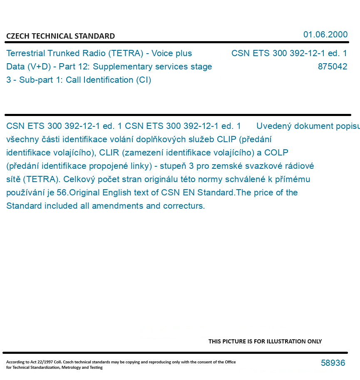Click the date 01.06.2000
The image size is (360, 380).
pos(325,35)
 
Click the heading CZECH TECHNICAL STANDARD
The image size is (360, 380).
pos(60,36)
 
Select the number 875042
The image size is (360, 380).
pos(332,67)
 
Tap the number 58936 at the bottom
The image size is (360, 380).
pos(333,363)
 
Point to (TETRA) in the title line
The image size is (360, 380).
pos(124,53)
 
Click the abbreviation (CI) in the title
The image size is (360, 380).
pos(144,80)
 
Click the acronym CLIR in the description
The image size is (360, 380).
pos(109,153)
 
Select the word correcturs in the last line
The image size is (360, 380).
pos(184,206)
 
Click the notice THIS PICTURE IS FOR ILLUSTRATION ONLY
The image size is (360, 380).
pos(265,341)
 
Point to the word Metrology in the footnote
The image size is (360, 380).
pos(75,368)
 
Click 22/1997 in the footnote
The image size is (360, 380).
pos(39,362)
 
